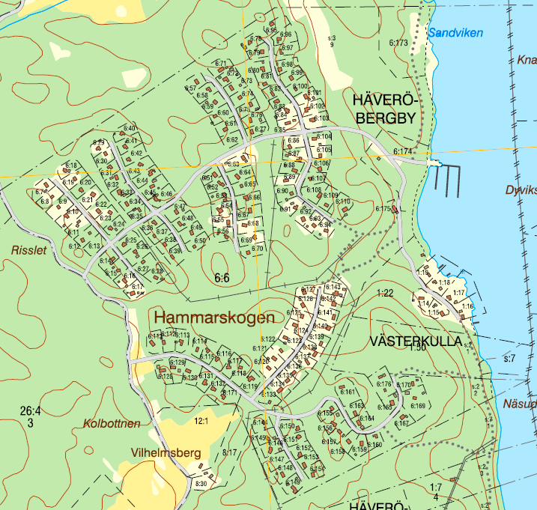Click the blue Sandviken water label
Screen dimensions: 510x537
(x=455, y=33)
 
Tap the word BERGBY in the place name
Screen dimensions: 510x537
(x=385, y=118)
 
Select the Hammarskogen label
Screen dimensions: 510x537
(x=215, y=318)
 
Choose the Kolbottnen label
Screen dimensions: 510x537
(x=112, y=424)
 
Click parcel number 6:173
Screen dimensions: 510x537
(x=398, y=43)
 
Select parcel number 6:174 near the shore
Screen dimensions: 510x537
(x=403, y=152)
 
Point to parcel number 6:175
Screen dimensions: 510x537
(x=383, y=209)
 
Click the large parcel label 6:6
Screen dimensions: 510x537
(x=221, y=279)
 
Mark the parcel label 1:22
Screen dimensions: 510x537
(x=386, y=293)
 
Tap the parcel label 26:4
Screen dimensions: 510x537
(x=30, y=410)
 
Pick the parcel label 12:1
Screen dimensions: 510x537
(x=201, y=422)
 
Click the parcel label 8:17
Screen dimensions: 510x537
(x=230, y=452)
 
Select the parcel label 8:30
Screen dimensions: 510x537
(x=201, y=484)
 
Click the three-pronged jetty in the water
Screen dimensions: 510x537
(x=446, y=180)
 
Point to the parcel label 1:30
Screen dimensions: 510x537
(x=417, y=347)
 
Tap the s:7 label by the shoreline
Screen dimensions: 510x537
(x=509, y=359)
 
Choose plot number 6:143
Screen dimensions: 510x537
(x=334, y=288)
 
